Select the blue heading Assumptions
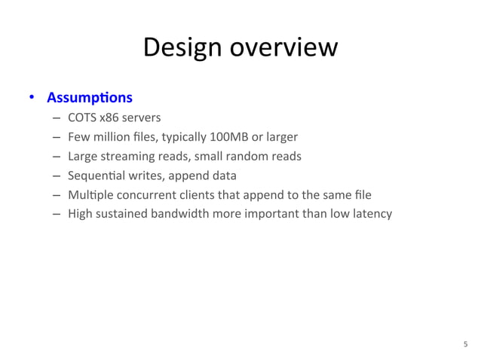click(x=90, y=98)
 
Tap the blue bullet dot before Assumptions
click(x=32, y=98)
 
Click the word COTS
click(x=82, y=117)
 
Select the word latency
click(x=372, y=214)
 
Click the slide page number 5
click(x=465, y=343)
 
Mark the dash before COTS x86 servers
click(x=57, y=118)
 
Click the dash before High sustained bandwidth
click(x=57, y=215)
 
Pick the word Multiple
click(x=88, y=196)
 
